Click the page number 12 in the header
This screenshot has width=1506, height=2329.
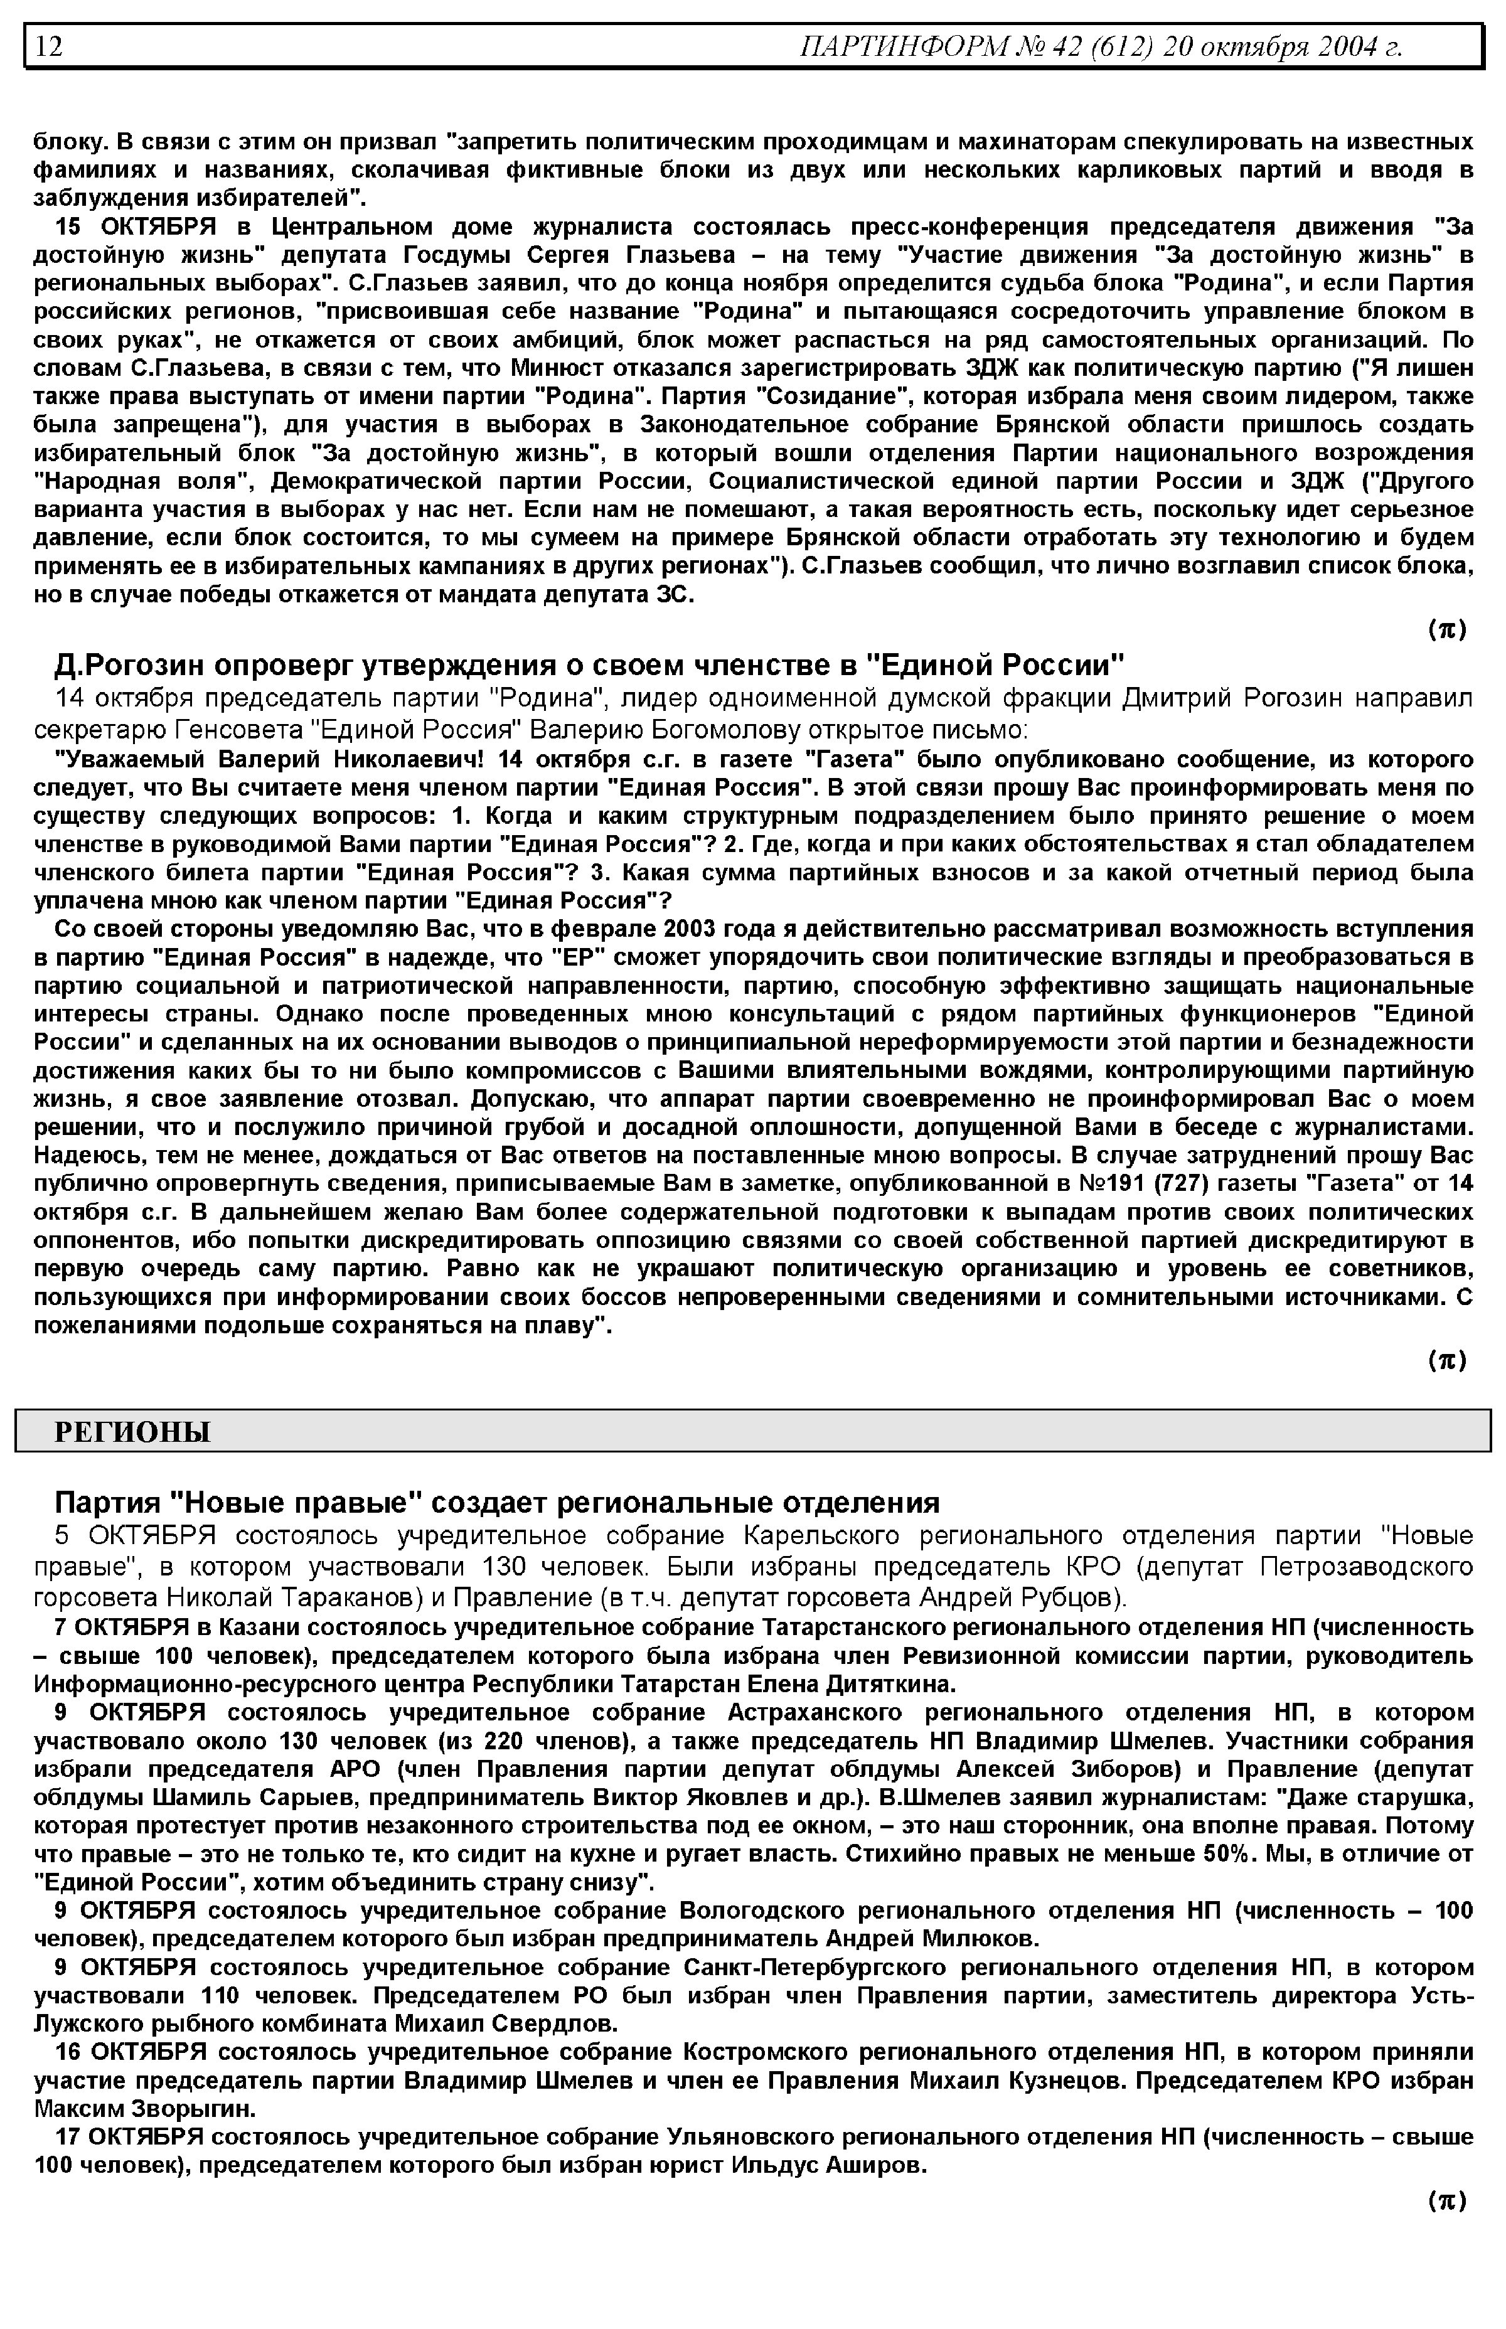point(49,46)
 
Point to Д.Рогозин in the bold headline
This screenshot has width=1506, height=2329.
point(127,665)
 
